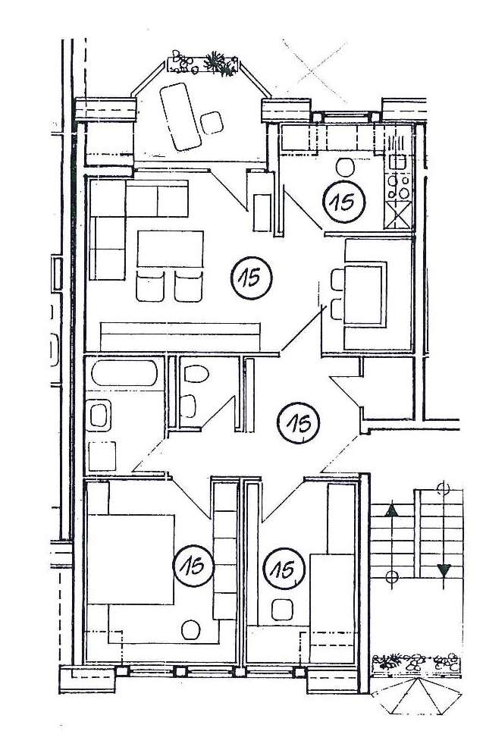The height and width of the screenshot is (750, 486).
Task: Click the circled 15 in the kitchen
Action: (343, 201)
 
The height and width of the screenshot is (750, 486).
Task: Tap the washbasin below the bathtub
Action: (99, 416)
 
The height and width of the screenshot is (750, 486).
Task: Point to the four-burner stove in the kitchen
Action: (400, 184)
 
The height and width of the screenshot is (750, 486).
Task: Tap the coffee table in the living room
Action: (171, 249)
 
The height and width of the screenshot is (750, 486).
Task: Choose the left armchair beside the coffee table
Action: (150, 287)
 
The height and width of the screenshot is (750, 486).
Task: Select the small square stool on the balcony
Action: (212, 121)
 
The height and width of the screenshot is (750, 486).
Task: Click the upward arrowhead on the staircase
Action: (392, 510)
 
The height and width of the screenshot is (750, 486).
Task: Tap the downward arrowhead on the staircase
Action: (444, 570)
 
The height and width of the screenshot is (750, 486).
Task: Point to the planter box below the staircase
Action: (415, 663)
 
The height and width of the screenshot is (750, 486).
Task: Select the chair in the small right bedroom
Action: (283, 608)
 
